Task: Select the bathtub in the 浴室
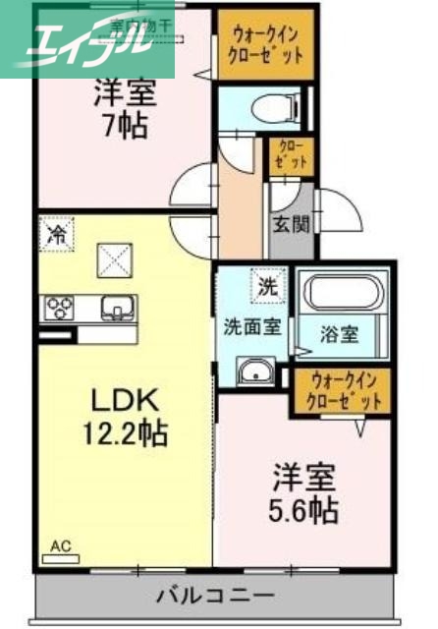tap(347, 292)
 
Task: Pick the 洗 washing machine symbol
tap(267, 287)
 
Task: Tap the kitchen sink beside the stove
tap(117, 310)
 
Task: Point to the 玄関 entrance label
tap(291, 223)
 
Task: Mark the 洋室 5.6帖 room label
tap(304, 494)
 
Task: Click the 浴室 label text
tap(339, 332)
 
